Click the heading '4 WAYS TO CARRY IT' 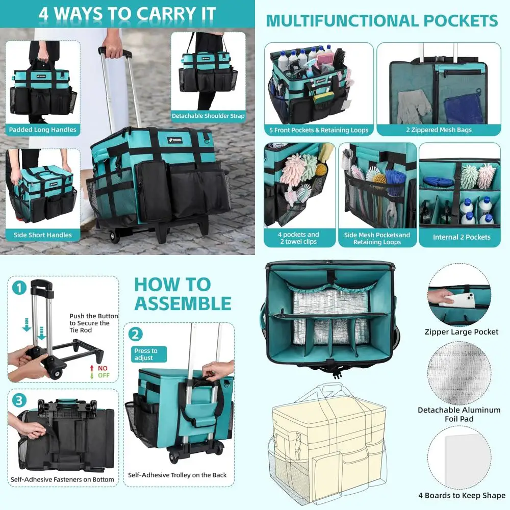click(127, 14)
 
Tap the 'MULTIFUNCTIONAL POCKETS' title click(381, 21)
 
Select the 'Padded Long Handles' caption click(43, 130)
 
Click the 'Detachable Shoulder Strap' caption click(208, 116)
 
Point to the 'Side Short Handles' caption click(43, 235)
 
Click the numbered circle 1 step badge click(19, 288)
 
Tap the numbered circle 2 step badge click(136, 335)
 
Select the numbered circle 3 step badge click(19, 400)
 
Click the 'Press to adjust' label click(145, 354)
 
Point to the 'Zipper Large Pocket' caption click(462, 332)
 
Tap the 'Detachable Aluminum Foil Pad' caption click(460, 414)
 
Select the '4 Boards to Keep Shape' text click(462, 495)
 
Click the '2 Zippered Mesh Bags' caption click(439, 130)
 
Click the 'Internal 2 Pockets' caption click(461, 237)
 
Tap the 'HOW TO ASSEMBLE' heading click(183, 294)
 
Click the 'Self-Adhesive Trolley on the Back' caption click(177, 475)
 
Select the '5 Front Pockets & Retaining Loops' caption click(319, 130)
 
